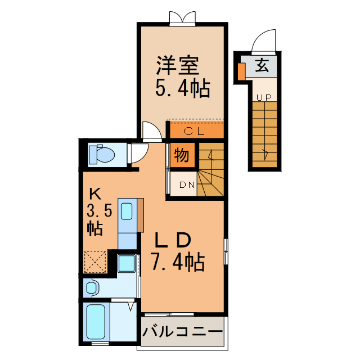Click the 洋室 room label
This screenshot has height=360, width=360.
(178, 66)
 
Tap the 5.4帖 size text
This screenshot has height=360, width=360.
(182, 88)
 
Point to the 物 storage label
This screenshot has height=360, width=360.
(181, 154)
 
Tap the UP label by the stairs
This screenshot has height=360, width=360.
(264, 97)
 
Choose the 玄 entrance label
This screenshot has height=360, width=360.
(262, 66)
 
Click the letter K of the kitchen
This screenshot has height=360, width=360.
(95, 195)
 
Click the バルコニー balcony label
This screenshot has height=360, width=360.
(182, 332)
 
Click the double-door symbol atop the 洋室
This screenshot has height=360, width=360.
(182, 17)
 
